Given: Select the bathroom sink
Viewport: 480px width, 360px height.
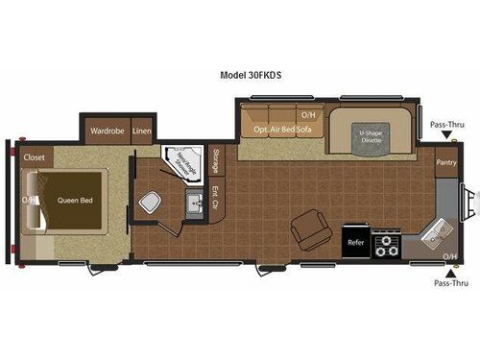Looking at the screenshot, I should [x=194, y=203].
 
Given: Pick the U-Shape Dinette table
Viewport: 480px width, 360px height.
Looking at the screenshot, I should [x=371, y=133].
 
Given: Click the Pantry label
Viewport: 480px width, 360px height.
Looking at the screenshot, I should [x=445, y=162].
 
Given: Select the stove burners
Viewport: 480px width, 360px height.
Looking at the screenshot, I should [x=386, y=244].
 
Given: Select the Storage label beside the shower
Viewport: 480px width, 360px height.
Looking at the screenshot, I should [x=216, y=159].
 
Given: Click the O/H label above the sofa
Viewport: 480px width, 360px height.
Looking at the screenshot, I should [x=307, y=116].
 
